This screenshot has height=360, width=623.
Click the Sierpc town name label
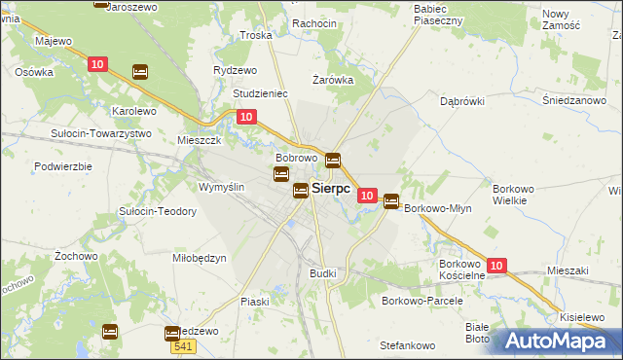[x=331, y=190]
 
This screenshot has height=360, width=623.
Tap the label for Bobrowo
[x=297, y=158]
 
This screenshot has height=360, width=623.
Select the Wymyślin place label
[x=221, y=186]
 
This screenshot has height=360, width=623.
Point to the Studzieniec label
[x=260, y=93]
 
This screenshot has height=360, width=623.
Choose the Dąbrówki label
[x=463, y=100]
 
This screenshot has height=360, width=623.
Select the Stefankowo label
[x=407, y=345]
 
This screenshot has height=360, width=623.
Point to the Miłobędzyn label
[x=200, y=258]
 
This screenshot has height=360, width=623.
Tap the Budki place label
[x=323, y=273]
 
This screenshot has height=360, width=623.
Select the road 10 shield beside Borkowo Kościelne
[x=496, y=265]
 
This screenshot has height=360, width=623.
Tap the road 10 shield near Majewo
[x=96, y=64]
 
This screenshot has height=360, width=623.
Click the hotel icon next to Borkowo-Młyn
[x=391, y=201]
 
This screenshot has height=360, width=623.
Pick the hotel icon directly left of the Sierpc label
[x=302, y=190]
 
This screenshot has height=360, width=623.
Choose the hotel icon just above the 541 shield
[x=172, y=333]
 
